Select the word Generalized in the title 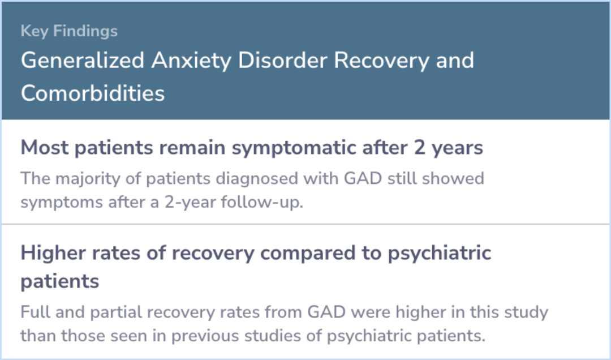coord(83,61)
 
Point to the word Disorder coord(282,61)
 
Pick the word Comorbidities coord(93,93)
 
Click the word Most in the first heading coord(45,147)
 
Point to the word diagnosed coord(257,179)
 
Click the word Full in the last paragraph coord(35,312)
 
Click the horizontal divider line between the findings coord(305,224)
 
